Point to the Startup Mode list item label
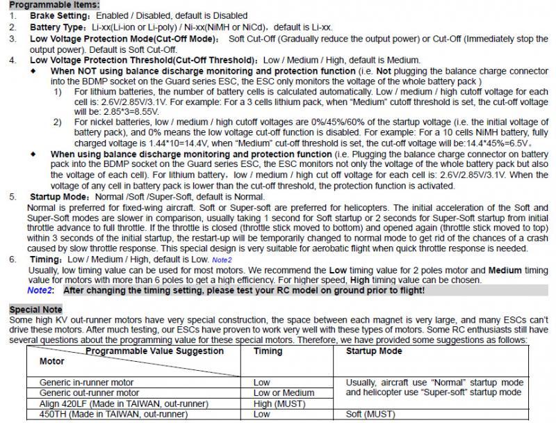(x=58, y=197)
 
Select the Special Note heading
(x=35, y=309)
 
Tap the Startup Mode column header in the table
(x=374, y=351)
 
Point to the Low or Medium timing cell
(x=284, y=392)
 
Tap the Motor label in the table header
(x=52, y=361)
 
